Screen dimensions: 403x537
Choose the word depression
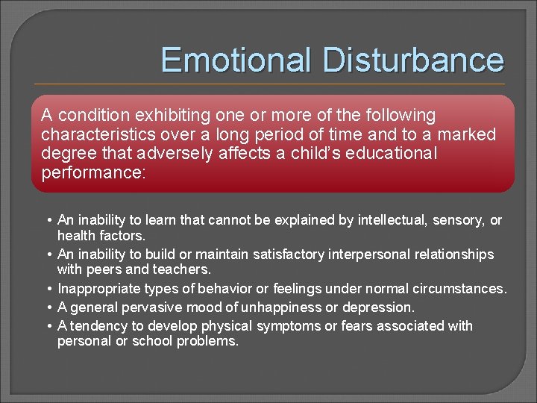tap(378, 307)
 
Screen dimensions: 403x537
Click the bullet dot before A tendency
tap(48, 326)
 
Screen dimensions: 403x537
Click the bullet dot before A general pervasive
tap(48, 307)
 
